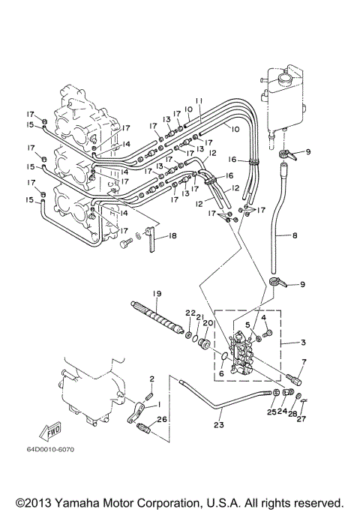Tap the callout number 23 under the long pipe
218,424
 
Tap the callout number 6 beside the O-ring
220,373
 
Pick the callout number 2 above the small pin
151,379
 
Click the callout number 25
271,411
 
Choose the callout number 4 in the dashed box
264,318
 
